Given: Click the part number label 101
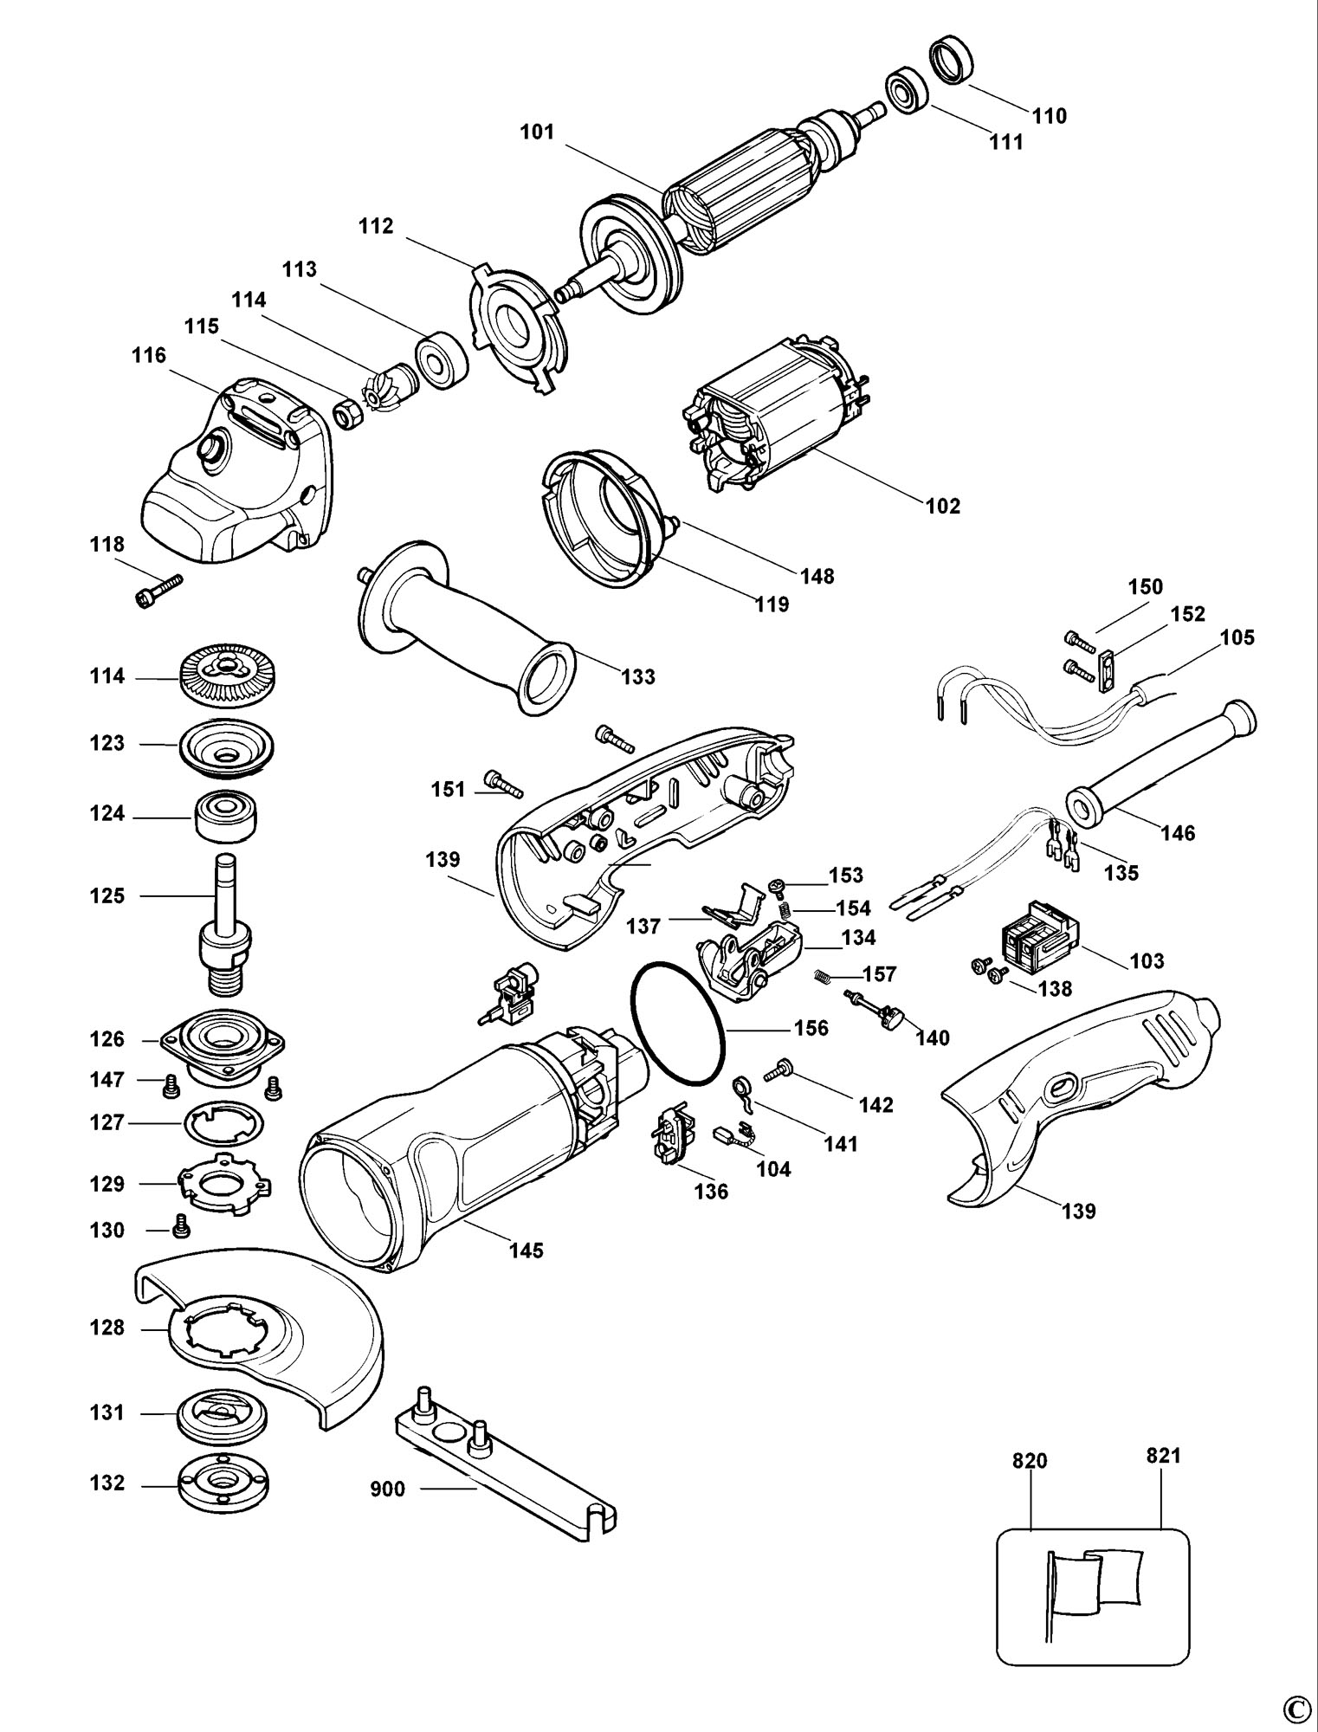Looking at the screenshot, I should (537, 132).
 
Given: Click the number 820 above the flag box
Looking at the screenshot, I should (1030, 1461).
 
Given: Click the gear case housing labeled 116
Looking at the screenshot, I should (234, 468).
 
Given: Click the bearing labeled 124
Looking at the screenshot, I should (226, 815).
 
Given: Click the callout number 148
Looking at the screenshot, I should (817, 576).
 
